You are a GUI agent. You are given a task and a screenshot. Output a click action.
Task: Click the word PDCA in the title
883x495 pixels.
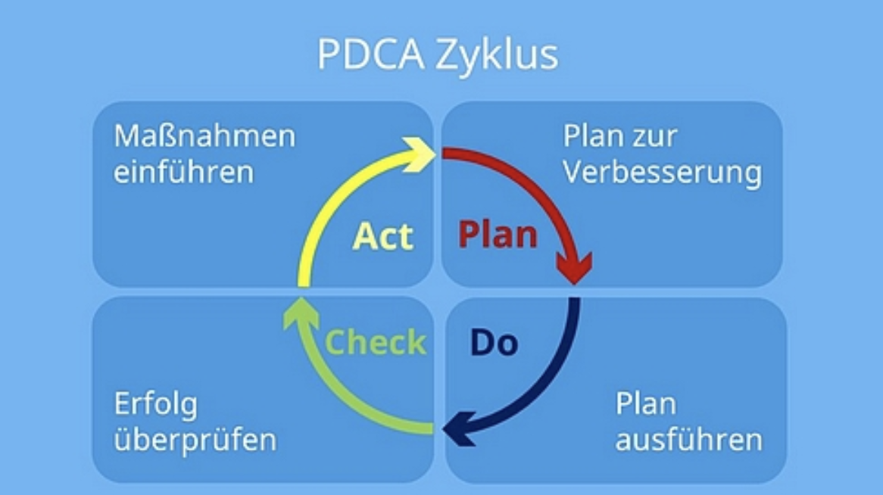pos(370,54)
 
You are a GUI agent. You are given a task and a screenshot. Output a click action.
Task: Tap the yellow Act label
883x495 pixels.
pos(383,236)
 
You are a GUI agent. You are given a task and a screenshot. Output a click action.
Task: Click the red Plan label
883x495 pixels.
pos(498,235)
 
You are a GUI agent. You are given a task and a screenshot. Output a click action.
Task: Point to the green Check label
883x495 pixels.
pos(376,342)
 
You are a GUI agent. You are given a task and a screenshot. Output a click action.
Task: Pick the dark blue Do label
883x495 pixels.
pos(494,342)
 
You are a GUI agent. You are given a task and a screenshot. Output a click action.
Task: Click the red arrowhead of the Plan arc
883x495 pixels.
pos(574,267)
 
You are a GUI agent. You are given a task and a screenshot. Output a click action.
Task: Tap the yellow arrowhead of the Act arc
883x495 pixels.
pos(420,153)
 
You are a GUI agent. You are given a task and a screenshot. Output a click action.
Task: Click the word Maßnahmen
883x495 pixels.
pos(204,137)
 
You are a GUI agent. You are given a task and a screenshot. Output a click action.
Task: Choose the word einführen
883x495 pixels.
pos(183,171)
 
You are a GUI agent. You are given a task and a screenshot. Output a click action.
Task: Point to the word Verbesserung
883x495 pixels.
pos(662,173)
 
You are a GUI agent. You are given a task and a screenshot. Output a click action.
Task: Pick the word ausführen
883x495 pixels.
pos(688,439)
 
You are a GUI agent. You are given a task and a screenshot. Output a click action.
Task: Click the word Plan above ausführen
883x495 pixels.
pos(645,403)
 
